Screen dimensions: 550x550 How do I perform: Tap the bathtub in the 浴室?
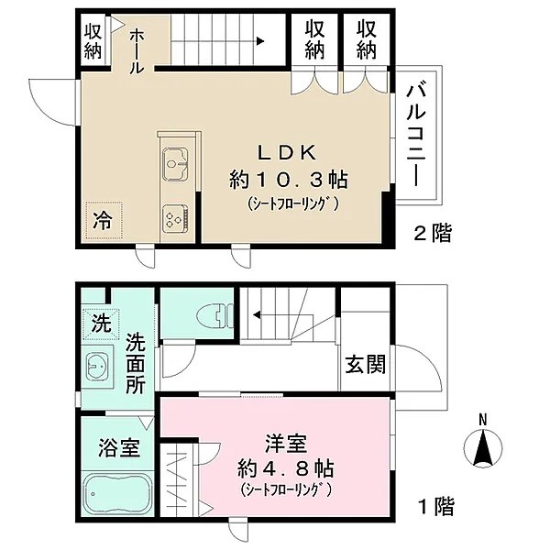116,494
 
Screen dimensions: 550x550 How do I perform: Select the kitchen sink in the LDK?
175,164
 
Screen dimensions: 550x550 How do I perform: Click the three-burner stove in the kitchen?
175,218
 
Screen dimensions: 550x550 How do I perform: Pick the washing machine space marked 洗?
101,324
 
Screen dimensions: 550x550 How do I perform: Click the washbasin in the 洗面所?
97,367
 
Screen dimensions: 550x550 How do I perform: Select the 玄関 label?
365,365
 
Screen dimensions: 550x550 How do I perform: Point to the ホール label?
137,51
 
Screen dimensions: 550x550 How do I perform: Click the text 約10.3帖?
288,180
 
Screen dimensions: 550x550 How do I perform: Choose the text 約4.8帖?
285,468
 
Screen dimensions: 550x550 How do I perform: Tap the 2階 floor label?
433,233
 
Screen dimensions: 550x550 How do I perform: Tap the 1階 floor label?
437,506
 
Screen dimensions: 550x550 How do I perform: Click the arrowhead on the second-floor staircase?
260,41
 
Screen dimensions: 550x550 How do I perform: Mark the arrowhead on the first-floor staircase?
257,314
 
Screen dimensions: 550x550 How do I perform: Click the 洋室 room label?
286,444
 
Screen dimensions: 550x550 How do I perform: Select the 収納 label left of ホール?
93,40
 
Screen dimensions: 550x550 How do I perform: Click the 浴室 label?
119,448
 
